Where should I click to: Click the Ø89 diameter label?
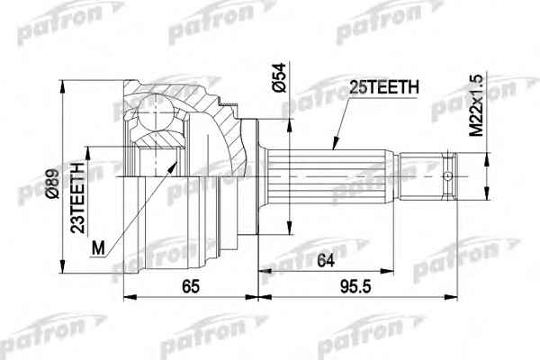coord(54,184)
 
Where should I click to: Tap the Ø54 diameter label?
coord(279,77)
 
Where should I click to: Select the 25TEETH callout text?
coord(384,87)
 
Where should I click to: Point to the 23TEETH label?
coord(77,198)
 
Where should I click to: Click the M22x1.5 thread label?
coord(477,106)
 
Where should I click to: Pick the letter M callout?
coord(98,247)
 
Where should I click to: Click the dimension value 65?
coord(191,286)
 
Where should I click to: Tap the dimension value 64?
coord(326,260)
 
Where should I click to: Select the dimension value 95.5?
coord(355,286)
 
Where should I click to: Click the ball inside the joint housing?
coord(156,112)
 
